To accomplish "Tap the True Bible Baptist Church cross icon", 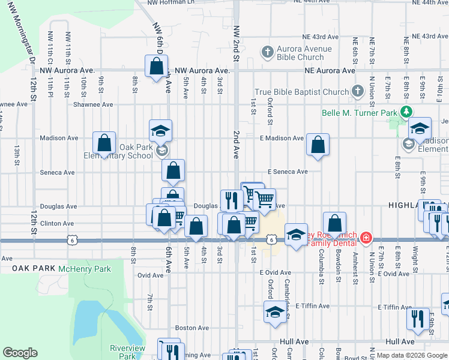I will (x=358, y=92).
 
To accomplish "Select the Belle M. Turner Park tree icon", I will (x=406, y=112).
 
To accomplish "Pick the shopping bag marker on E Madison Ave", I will (x=318, y=145).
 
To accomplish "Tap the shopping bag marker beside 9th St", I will (x=104, y=143).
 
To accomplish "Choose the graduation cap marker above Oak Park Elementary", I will (x=161, y=130).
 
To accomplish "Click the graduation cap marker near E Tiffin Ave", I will (x=276, y=312).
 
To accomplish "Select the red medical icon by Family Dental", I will (x=366, y=239).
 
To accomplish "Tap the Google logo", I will (x=20, y=353).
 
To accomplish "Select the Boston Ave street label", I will (x=192, y=328).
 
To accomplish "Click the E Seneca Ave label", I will (x=288, y=172).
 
